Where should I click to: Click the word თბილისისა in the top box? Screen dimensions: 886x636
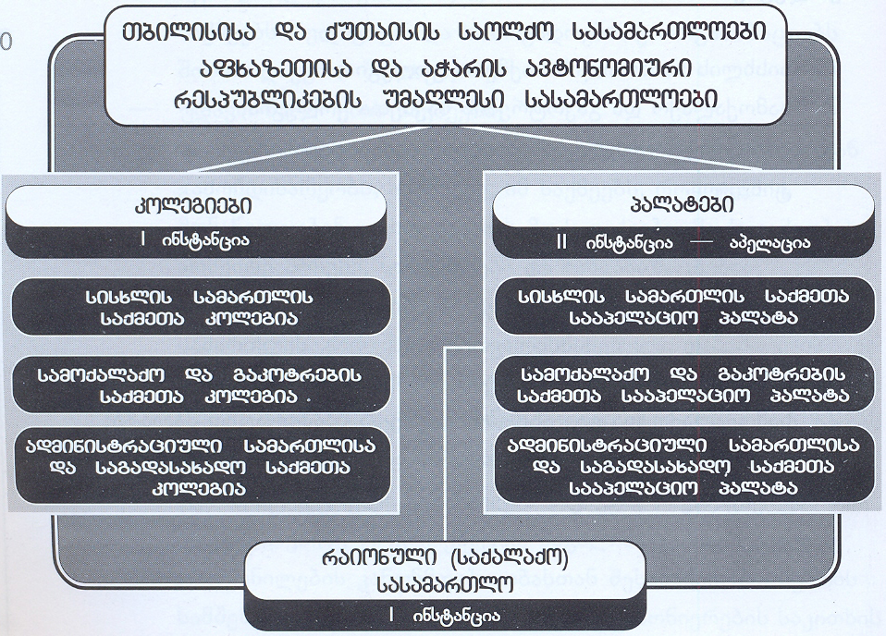190,31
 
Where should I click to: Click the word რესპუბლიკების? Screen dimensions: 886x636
268,100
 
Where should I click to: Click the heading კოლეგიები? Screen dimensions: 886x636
194,206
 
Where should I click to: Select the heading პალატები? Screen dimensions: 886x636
682,204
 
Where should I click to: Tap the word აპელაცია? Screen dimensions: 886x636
769,243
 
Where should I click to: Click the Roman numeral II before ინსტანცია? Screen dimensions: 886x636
561,242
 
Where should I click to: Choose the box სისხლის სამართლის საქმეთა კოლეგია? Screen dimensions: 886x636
201,307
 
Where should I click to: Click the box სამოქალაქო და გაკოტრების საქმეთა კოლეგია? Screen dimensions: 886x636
201,385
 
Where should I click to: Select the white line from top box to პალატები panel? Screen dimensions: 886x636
614,149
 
